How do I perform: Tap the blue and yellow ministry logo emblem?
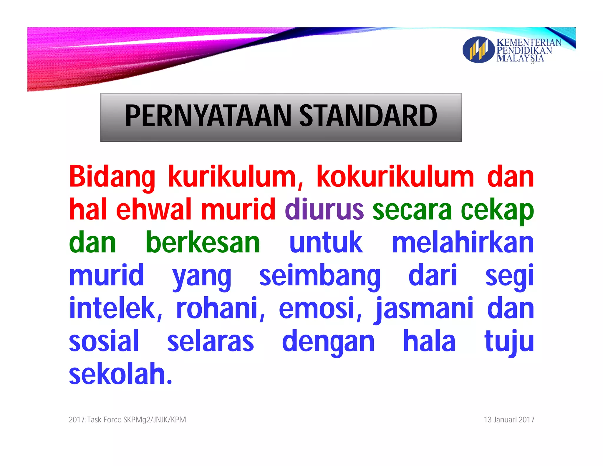[x=478, y=49]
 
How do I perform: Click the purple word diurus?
[x=324, y=209]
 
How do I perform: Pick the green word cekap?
[x=497, y=210]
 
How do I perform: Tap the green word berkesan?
[x=203, y=242]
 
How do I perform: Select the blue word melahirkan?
[x=463, y=242]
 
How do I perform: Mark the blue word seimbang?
[x=320, y=276]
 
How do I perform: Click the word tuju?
[x=509, y=342]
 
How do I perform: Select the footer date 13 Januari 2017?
[x=509, y=420]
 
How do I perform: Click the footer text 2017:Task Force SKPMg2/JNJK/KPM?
[x=127, y=420]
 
